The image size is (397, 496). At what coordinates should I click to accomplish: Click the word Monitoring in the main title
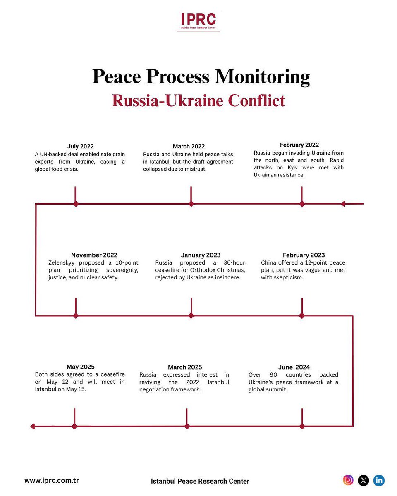[x=262, y=77]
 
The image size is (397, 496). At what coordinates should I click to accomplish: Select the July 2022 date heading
[x=81, y=146]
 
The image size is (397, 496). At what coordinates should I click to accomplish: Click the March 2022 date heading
[x=189, y=146]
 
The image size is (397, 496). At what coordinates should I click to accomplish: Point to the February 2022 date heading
[x=299, y=145]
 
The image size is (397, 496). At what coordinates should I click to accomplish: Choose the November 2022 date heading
[x=94, y=255]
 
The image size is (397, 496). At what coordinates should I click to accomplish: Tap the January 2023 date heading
[x=201, y=255]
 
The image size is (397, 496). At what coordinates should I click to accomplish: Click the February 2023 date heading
[x=304, y=255]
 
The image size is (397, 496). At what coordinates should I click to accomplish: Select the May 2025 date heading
[x=81, y=367]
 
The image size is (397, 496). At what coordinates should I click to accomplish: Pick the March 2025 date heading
[x=185, y=367]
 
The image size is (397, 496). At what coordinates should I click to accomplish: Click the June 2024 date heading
[x=294, y=367]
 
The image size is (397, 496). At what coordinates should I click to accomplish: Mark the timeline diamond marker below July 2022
[x=76, y=204]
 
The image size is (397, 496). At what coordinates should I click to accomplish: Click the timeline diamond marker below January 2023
[x=191, y=316]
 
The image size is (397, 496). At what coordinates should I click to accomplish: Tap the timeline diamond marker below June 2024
[x=302, y=427]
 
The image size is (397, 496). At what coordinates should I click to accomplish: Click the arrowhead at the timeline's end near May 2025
[x=33, y=427]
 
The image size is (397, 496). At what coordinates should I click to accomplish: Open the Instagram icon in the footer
[x=348, y=480]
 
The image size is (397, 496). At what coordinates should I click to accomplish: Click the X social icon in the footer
[x=364, y=480]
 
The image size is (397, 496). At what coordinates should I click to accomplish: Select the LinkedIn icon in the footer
[x=379, y=480]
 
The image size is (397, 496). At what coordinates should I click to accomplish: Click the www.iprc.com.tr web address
[x=52, y=481]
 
